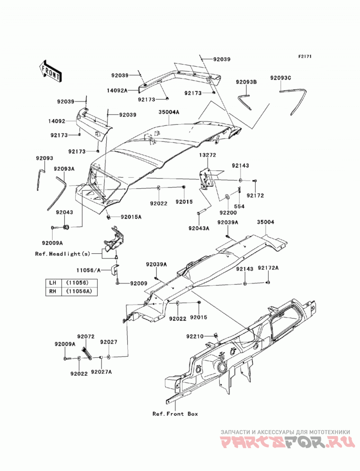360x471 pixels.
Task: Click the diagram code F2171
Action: coord(305,56)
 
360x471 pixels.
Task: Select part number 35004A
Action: coord(169,112)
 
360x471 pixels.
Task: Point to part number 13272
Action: coord(207,155)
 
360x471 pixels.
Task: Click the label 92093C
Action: coord(281,78)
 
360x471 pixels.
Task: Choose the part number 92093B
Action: coord(246,82)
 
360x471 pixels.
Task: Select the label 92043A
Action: coord(199,228)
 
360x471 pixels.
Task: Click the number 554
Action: coord(239,206)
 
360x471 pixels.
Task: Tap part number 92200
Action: coord(228,213)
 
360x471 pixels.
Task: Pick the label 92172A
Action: coord(268,268)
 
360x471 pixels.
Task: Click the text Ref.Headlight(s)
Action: coord(63,254)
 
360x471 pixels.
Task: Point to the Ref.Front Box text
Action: coord(175,413)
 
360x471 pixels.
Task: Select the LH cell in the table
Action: coord(53,283)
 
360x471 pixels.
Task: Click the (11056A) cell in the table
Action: coord(79,291)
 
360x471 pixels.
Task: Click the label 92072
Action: coord(86,336)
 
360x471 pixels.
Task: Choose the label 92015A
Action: coord(131,216)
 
